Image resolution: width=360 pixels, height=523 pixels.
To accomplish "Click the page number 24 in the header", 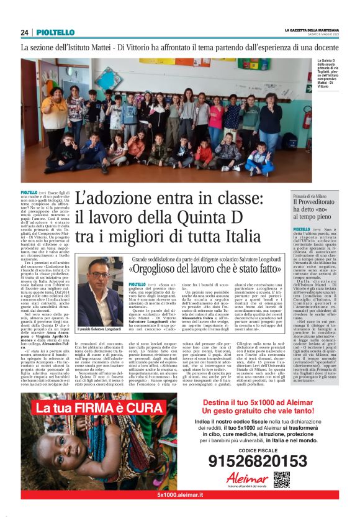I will coord(25,32).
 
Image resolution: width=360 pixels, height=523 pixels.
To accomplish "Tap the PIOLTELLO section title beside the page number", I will coord(55,32).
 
